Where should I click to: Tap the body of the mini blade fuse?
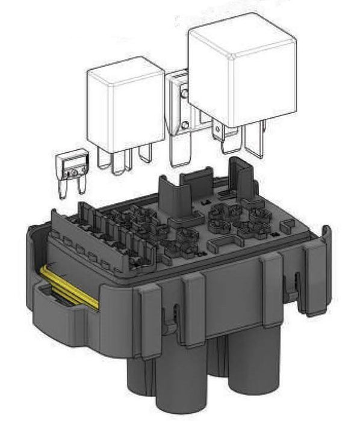(70, 165)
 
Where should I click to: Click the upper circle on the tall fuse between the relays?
(185, 93)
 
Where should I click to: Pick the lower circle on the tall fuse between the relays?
(185, 124)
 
